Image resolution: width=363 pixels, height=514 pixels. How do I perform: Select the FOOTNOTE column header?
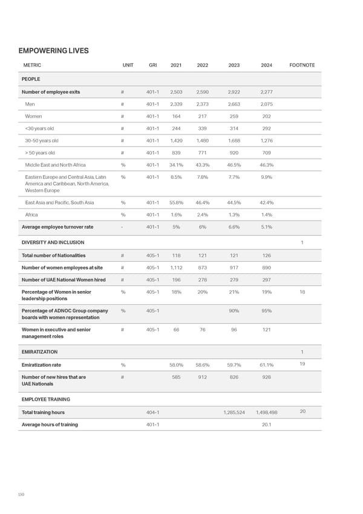point(302,65)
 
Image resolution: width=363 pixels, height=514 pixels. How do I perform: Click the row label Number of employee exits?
point(51,92)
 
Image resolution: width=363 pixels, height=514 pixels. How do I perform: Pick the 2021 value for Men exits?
point(176,104)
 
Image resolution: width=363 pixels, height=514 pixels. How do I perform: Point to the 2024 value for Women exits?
point(265,116)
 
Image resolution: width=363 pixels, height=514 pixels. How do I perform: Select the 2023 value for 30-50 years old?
point(234,141)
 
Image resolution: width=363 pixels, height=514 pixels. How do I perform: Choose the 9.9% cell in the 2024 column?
point(265,177)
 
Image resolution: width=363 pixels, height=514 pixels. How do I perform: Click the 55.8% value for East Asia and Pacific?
point(176,202)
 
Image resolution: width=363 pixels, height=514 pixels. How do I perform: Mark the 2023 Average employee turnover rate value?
point(234,227)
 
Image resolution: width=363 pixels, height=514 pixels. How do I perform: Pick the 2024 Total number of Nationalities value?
point(265,255)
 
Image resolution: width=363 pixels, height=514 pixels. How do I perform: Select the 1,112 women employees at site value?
point(176,267)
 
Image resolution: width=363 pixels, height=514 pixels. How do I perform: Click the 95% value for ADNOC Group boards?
point(265,311)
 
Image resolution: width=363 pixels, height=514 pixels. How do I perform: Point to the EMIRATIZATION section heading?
point(39,352)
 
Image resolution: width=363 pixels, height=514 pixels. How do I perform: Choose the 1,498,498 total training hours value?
point(266,412)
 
